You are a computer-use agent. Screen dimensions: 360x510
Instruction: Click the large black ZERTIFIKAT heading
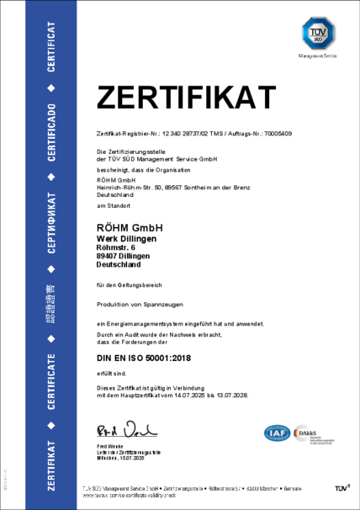(x=186, y=98)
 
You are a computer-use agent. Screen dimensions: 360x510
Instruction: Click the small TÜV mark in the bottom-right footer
(x=341, y=488)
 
